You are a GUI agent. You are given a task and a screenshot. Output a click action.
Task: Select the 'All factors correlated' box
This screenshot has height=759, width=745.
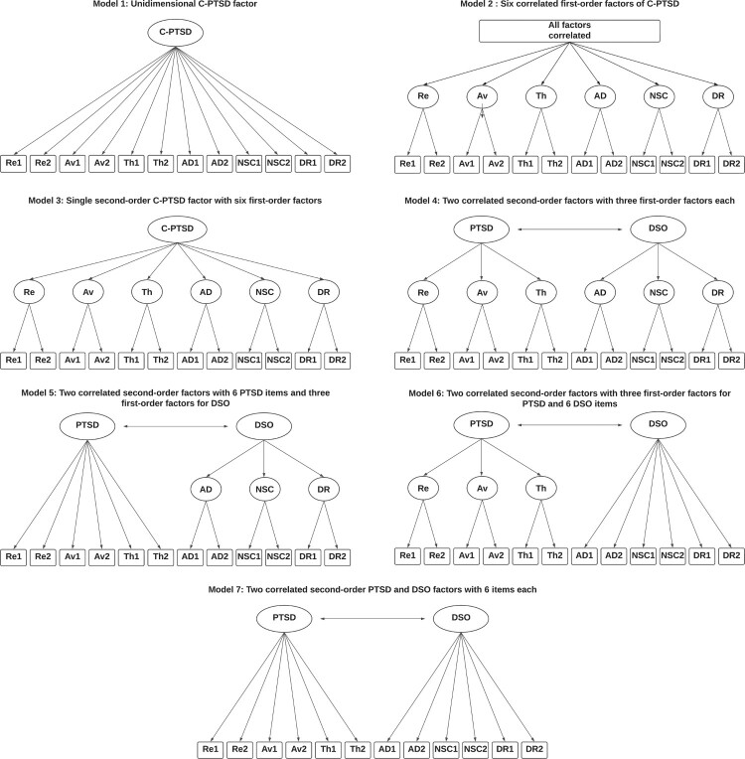coord(569,32)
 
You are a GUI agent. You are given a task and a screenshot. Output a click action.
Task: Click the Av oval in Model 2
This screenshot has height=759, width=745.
coord(481,98)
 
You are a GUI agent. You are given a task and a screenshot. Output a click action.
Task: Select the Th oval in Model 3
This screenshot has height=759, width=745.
coord(146,292)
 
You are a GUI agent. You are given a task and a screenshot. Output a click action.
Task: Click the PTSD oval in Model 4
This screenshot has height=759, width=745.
coord(481,228)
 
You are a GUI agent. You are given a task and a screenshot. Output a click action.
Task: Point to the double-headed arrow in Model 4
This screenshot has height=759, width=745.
coord(570,228)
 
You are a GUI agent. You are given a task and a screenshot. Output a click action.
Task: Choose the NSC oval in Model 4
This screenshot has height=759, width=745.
coord(658,292)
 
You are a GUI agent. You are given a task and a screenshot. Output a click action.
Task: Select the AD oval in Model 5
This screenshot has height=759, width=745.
coord(205,489)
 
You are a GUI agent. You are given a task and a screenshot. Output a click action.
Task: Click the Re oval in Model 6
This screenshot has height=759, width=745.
coord(422,489)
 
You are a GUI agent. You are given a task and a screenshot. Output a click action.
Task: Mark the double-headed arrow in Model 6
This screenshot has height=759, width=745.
coord(570,425)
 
